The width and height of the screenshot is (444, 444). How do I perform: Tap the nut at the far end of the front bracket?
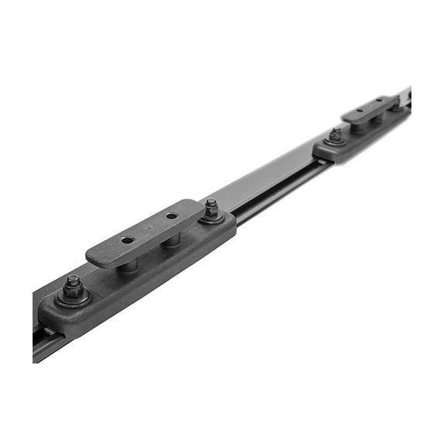tap(211, 208)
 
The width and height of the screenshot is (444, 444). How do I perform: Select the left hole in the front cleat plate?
tap(127, 241)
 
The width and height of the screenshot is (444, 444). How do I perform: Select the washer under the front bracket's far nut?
tap(212, 218)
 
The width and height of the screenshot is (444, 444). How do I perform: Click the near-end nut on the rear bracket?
tap(335, 135)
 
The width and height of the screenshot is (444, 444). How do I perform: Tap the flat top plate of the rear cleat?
tap(369, 110)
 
